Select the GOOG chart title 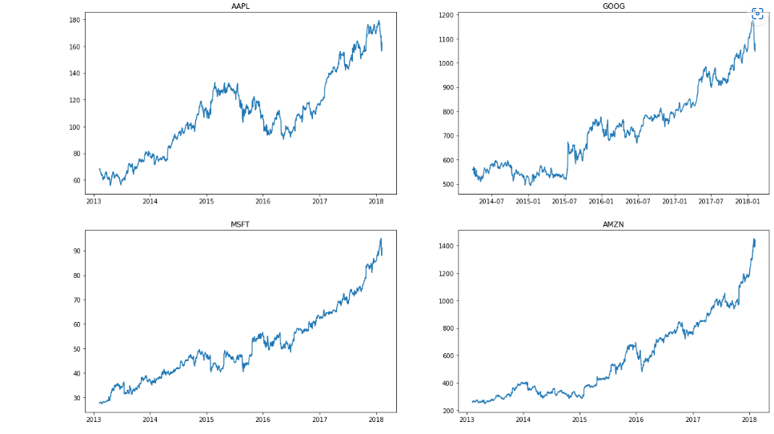tap(614, 6)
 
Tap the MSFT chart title tap(240, 224)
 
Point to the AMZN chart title tap(613, 224)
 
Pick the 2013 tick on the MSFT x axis tap(94, 419)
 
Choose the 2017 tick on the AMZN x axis tap(692, 419)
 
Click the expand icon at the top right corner tap(757, 14)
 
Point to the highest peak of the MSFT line tap(381, 239)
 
